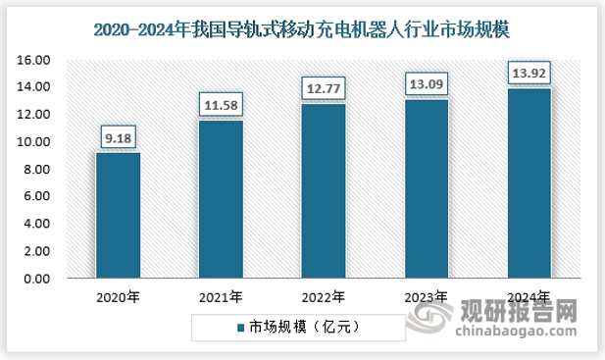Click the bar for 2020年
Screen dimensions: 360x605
[118, 216]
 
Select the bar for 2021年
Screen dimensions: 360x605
[221, 199]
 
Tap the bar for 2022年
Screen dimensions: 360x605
[324, 191]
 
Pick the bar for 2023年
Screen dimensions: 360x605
[427, 189]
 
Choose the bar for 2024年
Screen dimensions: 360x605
[529, 183]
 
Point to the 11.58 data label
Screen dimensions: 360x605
[221, 103]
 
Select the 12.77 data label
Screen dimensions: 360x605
[324, 87]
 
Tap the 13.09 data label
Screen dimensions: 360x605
[427, 82]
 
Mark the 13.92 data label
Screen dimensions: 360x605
[529, 72]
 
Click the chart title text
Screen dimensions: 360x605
[303, 29]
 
